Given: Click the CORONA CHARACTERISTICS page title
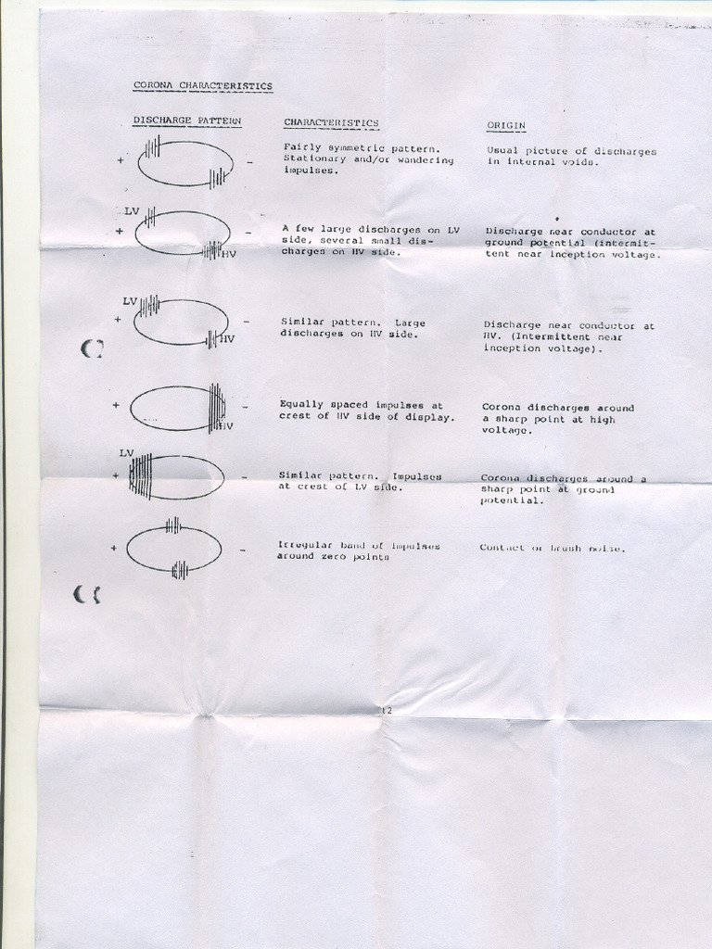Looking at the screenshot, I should tap(202, 85).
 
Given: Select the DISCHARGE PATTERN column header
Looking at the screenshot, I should tap(186, 121).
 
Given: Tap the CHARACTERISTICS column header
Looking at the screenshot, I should tap(330, 122).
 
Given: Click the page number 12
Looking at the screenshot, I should tap(387, 710).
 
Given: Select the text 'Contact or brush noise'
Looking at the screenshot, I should tap(552, 548).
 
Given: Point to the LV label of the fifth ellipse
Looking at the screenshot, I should tap(127, 452).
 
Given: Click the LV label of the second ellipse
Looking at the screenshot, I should tap(132, 211).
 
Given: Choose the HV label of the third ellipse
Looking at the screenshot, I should tap(227, 339).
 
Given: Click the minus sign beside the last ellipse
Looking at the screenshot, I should tap(242, 550).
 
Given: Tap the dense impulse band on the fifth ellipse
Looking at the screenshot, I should tap(141, 476).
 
